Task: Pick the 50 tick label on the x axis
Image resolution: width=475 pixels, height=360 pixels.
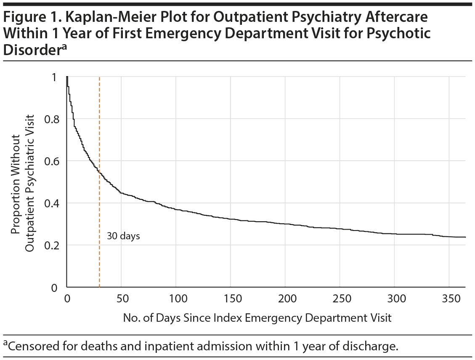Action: tap(121, 299)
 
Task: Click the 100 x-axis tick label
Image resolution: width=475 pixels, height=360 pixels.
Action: tap(176, 299)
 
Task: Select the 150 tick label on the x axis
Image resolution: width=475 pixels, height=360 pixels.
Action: tap(231, 299)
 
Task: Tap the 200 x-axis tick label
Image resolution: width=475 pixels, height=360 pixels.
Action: tap(285, 299)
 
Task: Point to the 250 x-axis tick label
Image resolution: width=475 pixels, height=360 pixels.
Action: tap(340, 299)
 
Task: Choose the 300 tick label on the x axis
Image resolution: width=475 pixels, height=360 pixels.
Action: tap(395, 299)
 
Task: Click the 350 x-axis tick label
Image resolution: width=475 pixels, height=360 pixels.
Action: tap(449, 299)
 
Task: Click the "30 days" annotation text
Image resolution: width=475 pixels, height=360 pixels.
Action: tap(123, 236)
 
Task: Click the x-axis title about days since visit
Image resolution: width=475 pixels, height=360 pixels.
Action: tap(257, 318)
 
